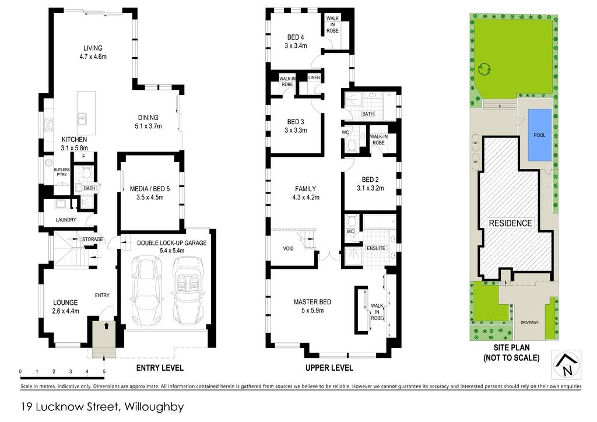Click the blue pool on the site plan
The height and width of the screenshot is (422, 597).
[x=539, y=135]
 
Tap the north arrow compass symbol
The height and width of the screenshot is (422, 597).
[x=567, y=365]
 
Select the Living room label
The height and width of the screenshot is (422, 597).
[x=93, y=48]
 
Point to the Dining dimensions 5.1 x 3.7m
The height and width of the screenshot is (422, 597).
[x=148, y=126]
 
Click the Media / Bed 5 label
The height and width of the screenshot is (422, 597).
[x=150, y=189]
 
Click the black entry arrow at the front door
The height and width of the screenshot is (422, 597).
[x=106, y=326]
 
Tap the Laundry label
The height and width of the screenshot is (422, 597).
[x=66, y=220]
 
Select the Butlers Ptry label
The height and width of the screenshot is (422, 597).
[x=62, y=172]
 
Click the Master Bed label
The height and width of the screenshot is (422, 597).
[x=312, y=302]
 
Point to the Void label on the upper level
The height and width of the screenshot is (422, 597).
[x=288, y=248]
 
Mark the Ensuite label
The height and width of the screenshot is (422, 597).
[x=376, y=248]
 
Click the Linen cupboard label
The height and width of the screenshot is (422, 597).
[x=314, y=78]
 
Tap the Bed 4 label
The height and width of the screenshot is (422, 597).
[x=296, y=37]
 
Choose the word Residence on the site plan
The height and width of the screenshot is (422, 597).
[x=510, y=223]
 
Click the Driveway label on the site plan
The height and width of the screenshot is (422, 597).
[x=529, y=323]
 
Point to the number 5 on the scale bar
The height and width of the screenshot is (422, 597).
[x=104, y=372]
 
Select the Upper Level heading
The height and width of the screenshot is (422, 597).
[x=329, y=368]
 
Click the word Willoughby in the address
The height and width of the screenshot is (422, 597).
[x=154, y=407]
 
